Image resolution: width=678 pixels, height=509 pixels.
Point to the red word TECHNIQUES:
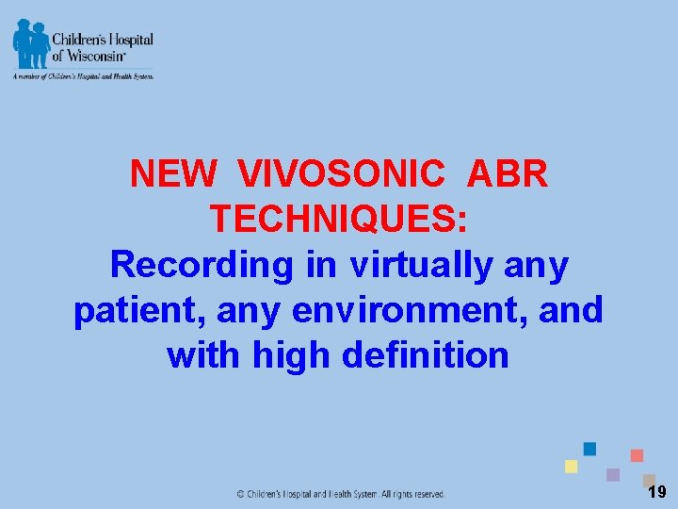click(x=338, y=220)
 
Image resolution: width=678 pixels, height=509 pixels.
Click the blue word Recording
click(x=202, y=265)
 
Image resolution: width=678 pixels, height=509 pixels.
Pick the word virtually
click(x=421, y=265)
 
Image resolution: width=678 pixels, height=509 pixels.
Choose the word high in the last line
click(x=287, y=355)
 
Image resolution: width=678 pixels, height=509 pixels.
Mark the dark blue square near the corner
click(x=589, y=449)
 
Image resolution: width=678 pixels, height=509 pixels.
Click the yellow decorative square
click(x=571, y=467)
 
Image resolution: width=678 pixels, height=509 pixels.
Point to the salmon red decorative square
click(x=637, y=455)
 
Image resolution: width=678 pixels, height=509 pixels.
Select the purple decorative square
click(x=613, y=474)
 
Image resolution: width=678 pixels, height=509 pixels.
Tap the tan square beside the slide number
click(x=649, y=479)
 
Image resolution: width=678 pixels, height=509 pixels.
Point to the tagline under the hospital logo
click(x=83, y=76)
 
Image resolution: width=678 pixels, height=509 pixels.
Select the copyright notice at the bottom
click(x=340, y=494)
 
